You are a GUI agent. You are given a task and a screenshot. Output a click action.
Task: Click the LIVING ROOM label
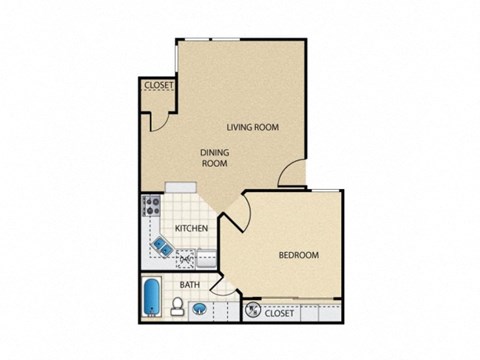tap(251, 127)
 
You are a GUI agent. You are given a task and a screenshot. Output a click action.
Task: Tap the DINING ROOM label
tap(216, 157)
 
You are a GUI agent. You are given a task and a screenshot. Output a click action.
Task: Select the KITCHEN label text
tap(191, 228)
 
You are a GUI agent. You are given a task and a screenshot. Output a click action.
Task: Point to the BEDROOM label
tap(298, 255)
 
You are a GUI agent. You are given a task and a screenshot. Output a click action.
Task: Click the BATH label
tap(190, 285)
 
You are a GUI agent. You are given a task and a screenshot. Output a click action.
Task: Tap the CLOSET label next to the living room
tap(158, 86)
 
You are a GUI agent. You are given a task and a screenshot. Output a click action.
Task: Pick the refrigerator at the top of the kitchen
tap(182, 187)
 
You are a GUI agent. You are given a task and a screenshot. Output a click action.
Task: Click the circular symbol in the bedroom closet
tap(251, 313)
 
